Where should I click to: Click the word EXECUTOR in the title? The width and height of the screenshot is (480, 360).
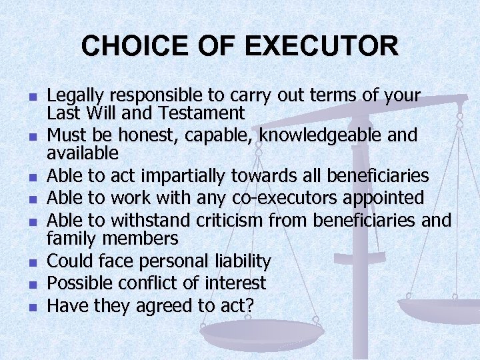click(x=321, y=46)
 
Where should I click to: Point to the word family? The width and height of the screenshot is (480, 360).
click(x=71, y=237)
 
